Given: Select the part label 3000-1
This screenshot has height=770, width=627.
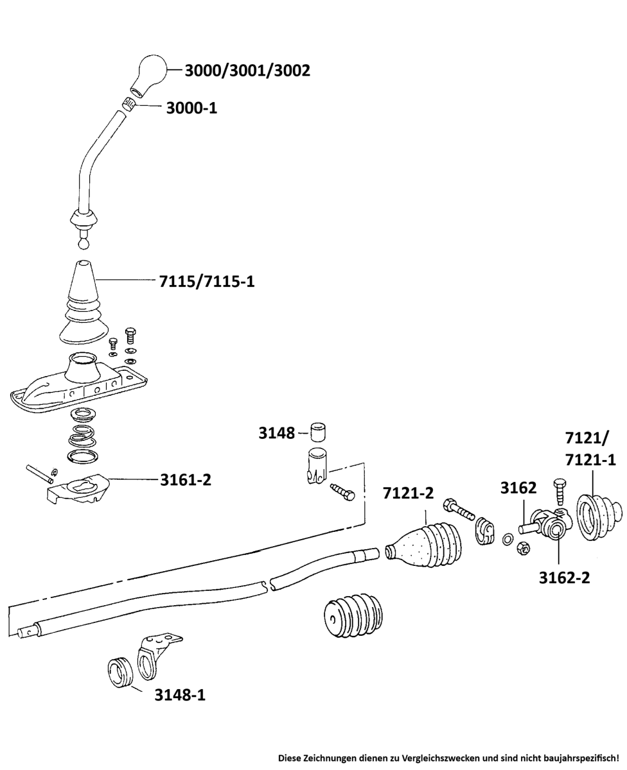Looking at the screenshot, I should pyautogui.click(x=191, y=108).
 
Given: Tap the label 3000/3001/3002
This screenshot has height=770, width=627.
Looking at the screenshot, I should pyautogui.click(x=247, y=70).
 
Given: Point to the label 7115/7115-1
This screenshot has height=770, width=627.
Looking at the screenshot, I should pyautogui.click(x=207, y=280).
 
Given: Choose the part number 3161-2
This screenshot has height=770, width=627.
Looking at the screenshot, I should pyautogui.click(x=186, y=479).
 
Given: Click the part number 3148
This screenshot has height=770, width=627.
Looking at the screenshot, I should pyautogui.click(x=276, y=433).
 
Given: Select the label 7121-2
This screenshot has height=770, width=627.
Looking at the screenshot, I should pyautogui.click(x=408, y=493).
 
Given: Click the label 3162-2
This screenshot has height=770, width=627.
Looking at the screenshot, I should pyautogui.click(x=564, y=577).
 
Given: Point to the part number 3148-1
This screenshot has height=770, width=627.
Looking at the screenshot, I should pyautogui.click(x=180, y=694).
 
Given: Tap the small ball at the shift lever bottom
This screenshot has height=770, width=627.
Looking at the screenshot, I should pyautogui.click(x=84, y=244).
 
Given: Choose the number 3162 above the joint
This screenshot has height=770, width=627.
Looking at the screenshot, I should pyautogui.click(x=518, y=488).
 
